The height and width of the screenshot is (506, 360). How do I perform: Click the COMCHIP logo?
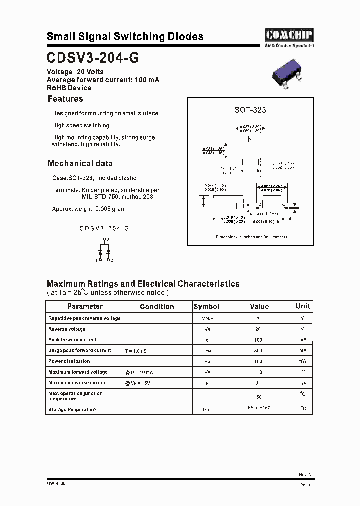click(x=289, y=34)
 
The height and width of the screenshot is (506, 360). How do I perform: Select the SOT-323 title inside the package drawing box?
click(x=250, y=110)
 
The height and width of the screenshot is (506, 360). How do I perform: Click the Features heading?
click(x=65, y=99)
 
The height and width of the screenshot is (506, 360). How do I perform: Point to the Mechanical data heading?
click(x=80, y=163)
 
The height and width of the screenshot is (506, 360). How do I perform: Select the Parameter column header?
click(x=85, y=306)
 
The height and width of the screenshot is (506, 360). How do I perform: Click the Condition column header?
click(x=157, y=307)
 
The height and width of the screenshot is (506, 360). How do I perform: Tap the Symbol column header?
click(x=206, y=306)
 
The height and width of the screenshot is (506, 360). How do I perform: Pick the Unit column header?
click(x=303, y=306)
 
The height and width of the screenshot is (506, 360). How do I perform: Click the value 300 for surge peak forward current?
click(x=258, y=351)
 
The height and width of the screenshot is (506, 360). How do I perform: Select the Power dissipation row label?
click(x=69, y=361)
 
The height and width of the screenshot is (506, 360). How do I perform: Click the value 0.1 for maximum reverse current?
click(x=258, y=383)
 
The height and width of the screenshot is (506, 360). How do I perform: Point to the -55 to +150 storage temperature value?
click(x=258, y=408)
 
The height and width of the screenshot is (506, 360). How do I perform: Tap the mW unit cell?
click(x=303, y=361)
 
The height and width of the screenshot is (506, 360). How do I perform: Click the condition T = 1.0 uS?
click(x=136, y=351)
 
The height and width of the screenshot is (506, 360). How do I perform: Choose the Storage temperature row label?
click(x=72, y=410)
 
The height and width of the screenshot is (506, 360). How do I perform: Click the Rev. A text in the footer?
click(x=305, y=475)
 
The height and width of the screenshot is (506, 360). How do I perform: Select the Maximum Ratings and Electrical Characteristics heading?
click(x=143, y=284)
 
